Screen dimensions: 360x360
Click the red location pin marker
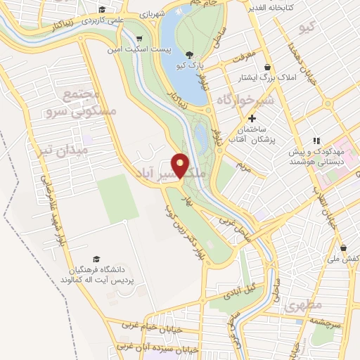pyautogui.click(x=181, y=165)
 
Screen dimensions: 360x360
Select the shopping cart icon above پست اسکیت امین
pyautogui.click(x=139, y=39)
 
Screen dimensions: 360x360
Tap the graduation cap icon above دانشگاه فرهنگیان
pyautogui.click(x=96, y=259)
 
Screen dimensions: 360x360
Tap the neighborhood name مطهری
pyautogui.click(x=304, y=307)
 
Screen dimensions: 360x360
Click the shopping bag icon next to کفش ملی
pyautogui.click(x=344, y=247)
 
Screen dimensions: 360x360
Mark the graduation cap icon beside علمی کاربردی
pyautogui.click(x=103, y=9)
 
